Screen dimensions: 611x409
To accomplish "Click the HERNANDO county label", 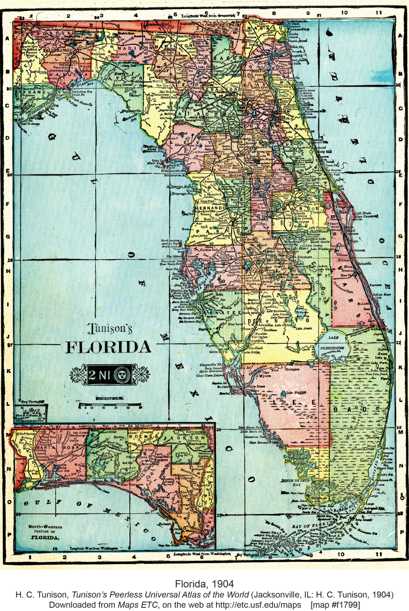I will click(210, 207).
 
